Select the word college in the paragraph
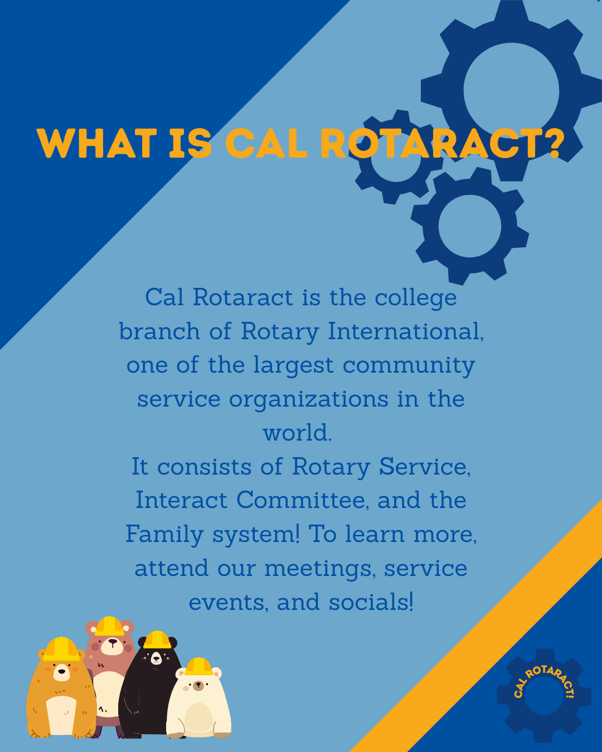pyautogui.click(x=415, y=298)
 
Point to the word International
pyautogui.click(x=405, y=331)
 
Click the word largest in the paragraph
pyautogui.click(x=293, y=366)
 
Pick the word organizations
pyautogui.click(x=308, y=399)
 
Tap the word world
pyautogui.click(x=297, y=433)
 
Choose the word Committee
pyautogui.click(x=302, y=500)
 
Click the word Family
pyautogui.click(x=164, y=534)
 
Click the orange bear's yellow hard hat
pyautogui.click(x=61, y=649)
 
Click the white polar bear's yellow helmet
pyautogui.click(x=198, y=666)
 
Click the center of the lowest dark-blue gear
pyautogui.click(x=469, y=226)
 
